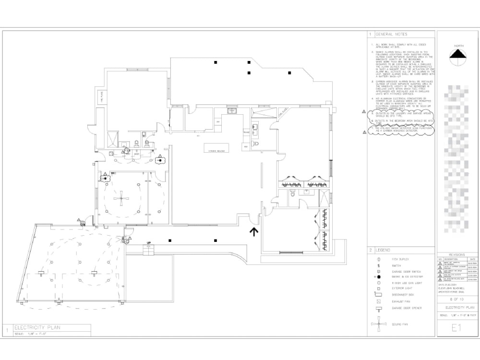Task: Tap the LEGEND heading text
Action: [x=383, y=250]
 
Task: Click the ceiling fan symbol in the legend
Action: [x=379, y=324]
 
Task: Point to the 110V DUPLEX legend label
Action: [x=400, y=259]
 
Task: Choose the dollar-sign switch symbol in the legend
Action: [x=379, y=265]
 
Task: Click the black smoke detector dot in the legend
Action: [x=379, y=277]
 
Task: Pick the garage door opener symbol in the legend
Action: [x=379, y=308]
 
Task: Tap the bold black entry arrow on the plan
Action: [x=253, y=232]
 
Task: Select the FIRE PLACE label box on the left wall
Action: [x=102, y=97]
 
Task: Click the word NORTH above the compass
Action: [x=459, y=42]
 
